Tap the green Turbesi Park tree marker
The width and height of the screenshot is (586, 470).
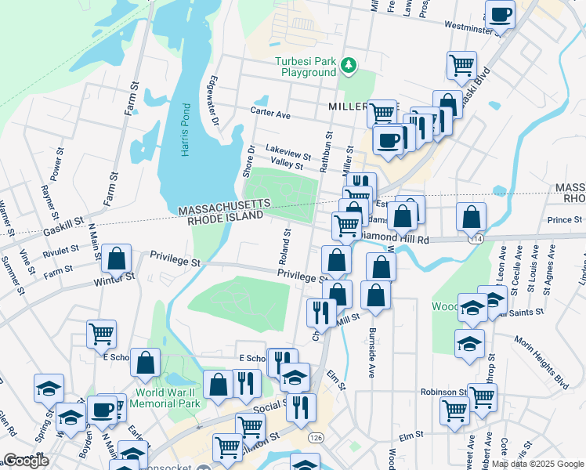click(x=349, y=67)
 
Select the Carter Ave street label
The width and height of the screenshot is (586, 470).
click(x=271, y=114)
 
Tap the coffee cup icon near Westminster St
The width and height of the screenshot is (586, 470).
click(x=499, y=14)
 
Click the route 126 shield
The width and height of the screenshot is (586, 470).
click(x=316, y=437)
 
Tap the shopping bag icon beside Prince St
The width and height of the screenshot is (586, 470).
click(x=471, y=217)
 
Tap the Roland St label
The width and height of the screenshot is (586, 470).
click(x=288, y=244)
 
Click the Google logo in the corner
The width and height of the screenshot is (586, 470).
click(x=26, y=461)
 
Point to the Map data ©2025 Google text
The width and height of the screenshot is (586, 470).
click(x=537, y=464)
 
